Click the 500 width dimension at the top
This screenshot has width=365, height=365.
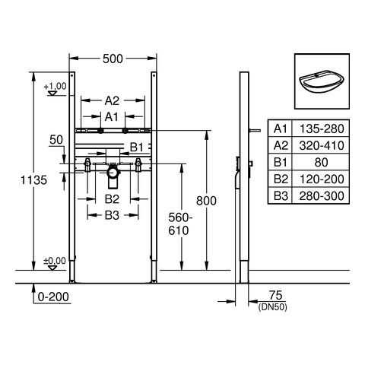click(x=113, y=59)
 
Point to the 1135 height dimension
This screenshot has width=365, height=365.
click(x=33, y=180)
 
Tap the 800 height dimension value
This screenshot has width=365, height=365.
click(x=206, y=201)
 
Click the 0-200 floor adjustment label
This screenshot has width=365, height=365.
click(x=53, y=297)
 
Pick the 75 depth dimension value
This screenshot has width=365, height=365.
click(x=275, y=296)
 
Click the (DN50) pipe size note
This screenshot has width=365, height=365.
click(x=273, y=307)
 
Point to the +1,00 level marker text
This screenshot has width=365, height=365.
click(x=55, y=87)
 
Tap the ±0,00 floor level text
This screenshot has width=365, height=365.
click(x=55, y=261)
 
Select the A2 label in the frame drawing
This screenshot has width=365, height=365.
click(x=112, y=101)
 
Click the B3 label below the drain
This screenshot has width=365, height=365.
click(x=112, y=215)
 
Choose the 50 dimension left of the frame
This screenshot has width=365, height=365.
click(x=56, y=140)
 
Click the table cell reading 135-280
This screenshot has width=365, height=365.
click(x=322, y=129)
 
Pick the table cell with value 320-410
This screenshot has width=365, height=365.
click(x=322, y=145)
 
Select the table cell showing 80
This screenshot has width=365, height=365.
click(x=321, y=162)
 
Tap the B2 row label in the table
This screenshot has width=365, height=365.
click(x=281, y=179)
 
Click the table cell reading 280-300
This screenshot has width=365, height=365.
click(x=322, y=196)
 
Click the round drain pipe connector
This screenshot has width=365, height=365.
click(x=113, y=173)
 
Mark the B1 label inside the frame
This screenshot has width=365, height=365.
click(x=137, y=148)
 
